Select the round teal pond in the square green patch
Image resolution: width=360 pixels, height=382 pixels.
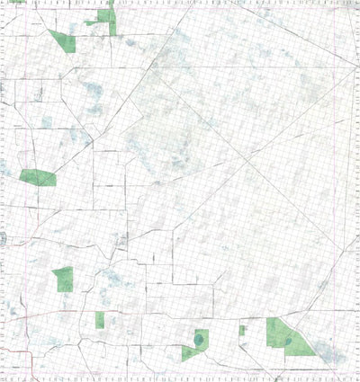(x=198, y=340)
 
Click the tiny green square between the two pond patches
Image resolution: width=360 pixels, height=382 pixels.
(x=243, y=331)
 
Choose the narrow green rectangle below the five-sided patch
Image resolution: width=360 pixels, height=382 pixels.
(x=100, y=319)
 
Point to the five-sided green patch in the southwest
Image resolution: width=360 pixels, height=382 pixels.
(x=63, y=280)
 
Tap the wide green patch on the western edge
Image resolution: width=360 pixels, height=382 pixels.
(x=37, y=178)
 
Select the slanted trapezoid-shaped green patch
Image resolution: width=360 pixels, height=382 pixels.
(x=63, y=40)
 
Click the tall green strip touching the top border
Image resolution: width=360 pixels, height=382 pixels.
(x=112, y=20)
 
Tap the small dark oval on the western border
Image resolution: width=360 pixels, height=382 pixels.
(x=4, y=237)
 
